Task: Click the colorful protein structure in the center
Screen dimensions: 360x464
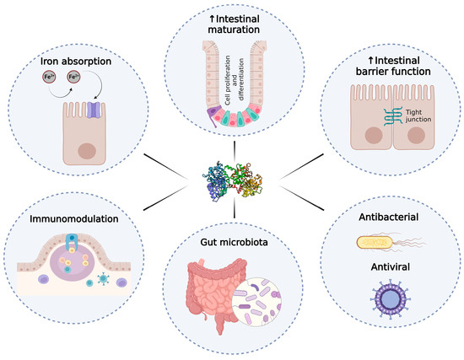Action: point(232,174)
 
